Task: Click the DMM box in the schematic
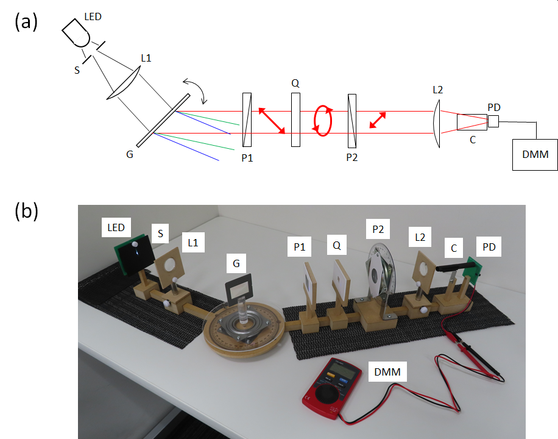(535, 155)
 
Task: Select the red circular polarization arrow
(322, 121)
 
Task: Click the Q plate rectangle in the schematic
(295, 120)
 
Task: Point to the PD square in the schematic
(493, 121)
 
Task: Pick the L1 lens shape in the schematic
(123, 83)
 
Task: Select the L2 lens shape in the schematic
(437, 123)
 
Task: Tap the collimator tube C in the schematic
(472, 122)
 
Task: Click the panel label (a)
(26, 22)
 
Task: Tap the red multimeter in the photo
(331, 388)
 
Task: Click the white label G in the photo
(236, 263)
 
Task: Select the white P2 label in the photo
(378, 229)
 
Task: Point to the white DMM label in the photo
(387, 372)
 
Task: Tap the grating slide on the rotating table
(238, 290)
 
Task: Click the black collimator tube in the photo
(456, 267)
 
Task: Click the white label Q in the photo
(337, 244)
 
